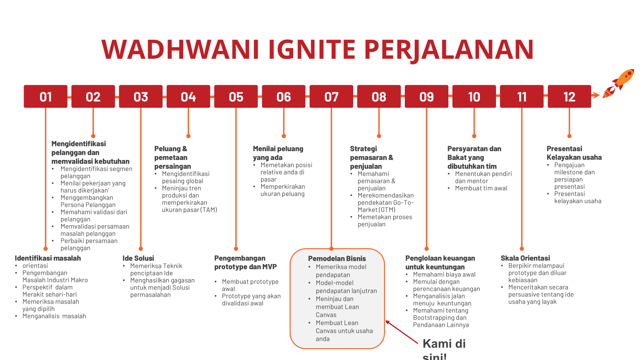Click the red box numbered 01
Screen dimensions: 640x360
tap(46, 96)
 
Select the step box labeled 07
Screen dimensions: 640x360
tap(331, 96)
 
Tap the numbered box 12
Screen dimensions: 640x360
tap(570, 96)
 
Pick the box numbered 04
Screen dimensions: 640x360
tap(188, 96)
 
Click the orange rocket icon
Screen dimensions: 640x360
tap(618, 84)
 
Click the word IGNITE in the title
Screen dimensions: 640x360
tap(312, 49)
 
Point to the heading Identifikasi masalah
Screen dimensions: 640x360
tap(48, 258)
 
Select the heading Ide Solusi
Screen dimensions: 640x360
tap(138, 258)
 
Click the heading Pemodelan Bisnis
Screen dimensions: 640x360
tap(337, 258)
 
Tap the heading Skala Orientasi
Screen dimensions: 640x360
tap(525, 258)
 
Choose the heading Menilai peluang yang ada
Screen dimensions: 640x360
tap(278, 153)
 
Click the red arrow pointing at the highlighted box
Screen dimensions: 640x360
tap(402, 332)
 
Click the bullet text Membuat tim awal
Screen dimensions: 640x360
tap(481, 188)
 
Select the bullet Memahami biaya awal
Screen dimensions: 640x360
tap(444, 274)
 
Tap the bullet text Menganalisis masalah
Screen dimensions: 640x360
tap(54, 316)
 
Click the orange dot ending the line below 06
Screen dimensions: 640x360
tap(284, 136)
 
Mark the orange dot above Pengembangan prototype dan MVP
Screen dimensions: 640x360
tap(236, 249)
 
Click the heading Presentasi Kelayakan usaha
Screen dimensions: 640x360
tap(574, 153)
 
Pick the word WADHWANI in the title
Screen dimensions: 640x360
tap(180, 49)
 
